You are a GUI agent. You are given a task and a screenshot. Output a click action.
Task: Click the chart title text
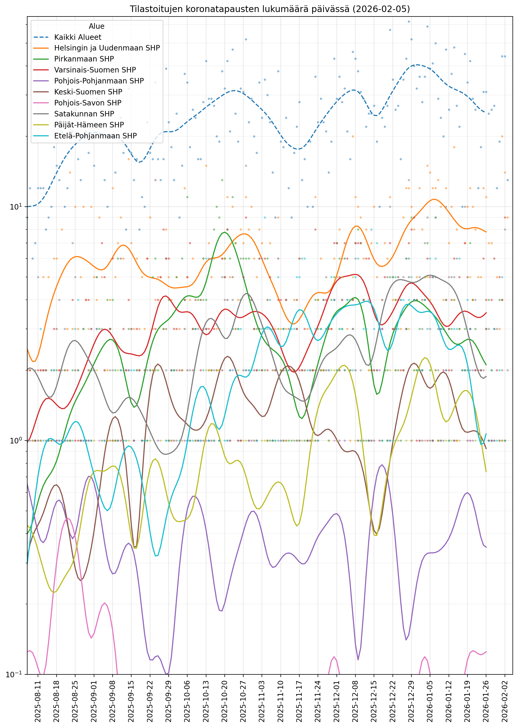pos(269,9)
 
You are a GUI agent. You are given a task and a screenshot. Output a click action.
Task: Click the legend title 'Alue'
pos(96,26)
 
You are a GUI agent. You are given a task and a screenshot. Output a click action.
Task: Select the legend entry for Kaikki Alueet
pos(78,37)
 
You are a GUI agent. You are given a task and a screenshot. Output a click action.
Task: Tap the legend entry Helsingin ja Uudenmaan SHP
pos(107,48)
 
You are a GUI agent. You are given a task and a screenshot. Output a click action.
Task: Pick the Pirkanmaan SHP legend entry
pos(84,59)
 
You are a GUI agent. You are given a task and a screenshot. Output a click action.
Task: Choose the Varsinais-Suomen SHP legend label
pos(95,70)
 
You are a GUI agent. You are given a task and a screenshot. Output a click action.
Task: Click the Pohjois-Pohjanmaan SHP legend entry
pos(99,81)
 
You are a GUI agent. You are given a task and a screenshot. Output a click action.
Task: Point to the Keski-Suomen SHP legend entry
pos(88,92)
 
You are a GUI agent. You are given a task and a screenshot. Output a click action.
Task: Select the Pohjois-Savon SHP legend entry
pos(88,103)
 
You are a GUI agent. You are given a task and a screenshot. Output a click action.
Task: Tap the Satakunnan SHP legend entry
pos(84,114)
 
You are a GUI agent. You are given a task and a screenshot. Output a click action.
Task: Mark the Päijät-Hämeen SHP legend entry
pos(89,125)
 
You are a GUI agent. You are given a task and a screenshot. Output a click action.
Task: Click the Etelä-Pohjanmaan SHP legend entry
pos(95,136)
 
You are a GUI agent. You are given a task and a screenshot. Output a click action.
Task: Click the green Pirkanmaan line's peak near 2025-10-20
pos(225,232)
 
